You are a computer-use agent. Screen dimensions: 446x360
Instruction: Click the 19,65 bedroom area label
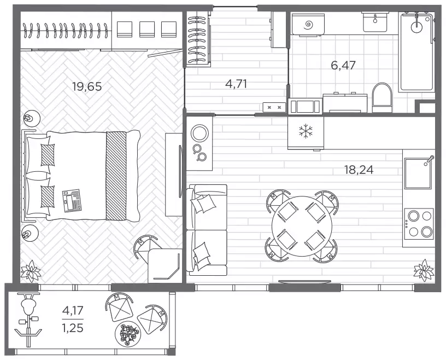pos(87,86)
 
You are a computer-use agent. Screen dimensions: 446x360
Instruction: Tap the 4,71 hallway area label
pos(236,84)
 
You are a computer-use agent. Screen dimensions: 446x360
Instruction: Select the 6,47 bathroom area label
pos(343,65)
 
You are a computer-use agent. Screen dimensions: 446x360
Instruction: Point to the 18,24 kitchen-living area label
pos(359,170)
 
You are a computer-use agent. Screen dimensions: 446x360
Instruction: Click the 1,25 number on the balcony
pos(73,328)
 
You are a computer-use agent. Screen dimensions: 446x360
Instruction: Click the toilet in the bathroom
pos(382,98)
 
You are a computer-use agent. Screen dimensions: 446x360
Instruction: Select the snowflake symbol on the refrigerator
pos(306,131)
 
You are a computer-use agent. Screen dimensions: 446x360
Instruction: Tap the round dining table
pos(302,226)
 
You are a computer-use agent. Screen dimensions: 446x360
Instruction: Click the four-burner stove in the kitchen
pos(419,224)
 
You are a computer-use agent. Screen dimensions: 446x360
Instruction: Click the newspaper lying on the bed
pos(72,201)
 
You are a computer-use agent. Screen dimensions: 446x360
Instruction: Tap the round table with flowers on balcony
pos(128,334)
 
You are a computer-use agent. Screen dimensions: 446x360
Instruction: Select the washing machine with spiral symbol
pos(308,24)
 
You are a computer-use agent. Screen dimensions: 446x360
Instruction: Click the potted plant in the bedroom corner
pos(31,270)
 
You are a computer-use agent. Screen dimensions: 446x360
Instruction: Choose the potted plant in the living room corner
pos(424,270)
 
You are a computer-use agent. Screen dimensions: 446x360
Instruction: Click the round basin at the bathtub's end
pos(417,27)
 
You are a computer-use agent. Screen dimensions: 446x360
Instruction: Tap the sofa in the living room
pos(207,230)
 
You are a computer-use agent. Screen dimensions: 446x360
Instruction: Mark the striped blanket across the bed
pos(116,176)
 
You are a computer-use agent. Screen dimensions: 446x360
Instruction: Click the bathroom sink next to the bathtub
pos(375,22)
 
